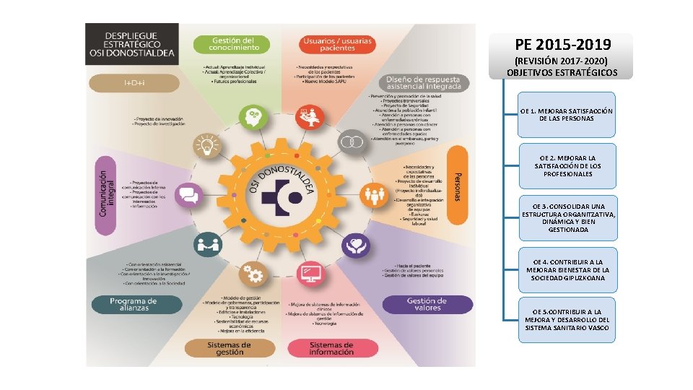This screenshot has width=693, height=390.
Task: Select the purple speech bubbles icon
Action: [188, 195]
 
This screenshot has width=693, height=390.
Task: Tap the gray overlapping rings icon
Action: [352, 142]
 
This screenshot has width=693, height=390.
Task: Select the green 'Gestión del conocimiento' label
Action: [232, 43]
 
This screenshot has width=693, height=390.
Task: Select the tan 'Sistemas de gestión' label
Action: [229, 348]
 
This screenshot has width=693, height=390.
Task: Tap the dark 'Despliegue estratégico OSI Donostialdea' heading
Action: [131, 43]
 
